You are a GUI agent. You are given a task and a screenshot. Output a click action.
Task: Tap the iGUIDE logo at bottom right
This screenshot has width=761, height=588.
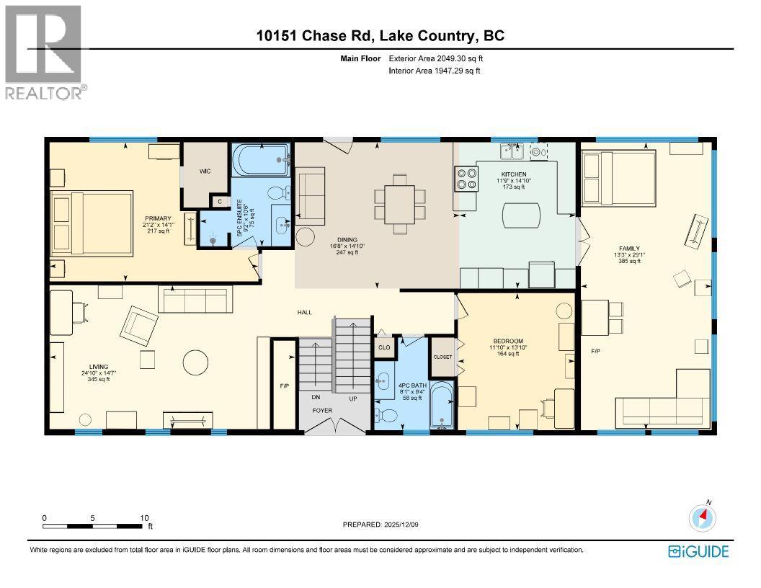click(698, 552)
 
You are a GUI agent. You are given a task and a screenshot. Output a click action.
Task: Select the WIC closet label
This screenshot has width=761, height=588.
click(205, 171)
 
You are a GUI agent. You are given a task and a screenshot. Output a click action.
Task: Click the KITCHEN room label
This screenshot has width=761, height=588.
click(515, 174)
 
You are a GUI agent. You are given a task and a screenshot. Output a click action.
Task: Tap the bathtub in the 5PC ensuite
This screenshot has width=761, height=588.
click(260, 161)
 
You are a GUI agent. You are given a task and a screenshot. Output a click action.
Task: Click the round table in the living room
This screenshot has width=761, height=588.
click(195, 361)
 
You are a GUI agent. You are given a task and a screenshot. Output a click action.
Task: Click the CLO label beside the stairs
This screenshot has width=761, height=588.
click(384, 347)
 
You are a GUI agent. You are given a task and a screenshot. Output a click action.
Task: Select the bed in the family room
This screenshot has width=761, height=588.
click(618, 177)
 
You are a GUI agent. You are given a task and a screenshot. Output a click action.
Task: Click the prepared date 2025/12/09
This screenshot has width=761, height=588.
click(380, 525)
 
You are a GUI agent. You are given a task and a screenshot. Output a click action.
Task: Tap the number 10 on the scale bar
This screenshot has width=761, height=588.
click(145, 517)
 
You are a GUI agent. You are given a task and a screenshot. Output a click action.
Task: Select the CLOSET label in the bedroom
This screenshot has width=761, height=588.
click(442, 357)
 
